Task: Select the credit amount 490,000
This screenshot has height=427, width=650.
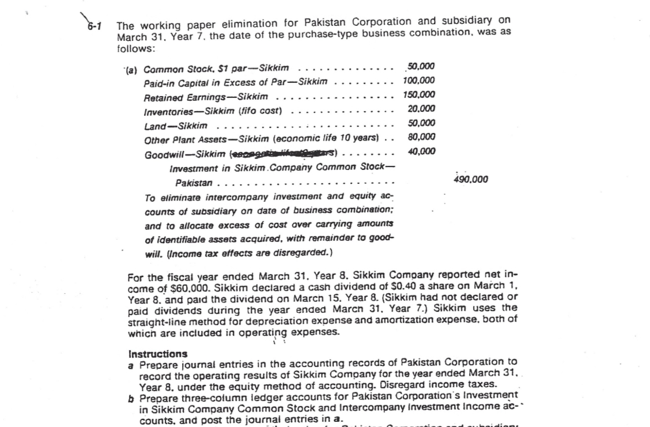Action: (471, 179)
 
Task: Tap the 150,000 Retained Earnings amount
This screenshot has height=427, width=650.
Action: (419, 95)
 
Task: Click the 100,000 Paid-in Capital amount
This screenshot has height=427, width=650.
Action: (419, 80)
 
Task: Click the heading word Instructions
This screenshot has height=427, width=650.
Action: (157, 354)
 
